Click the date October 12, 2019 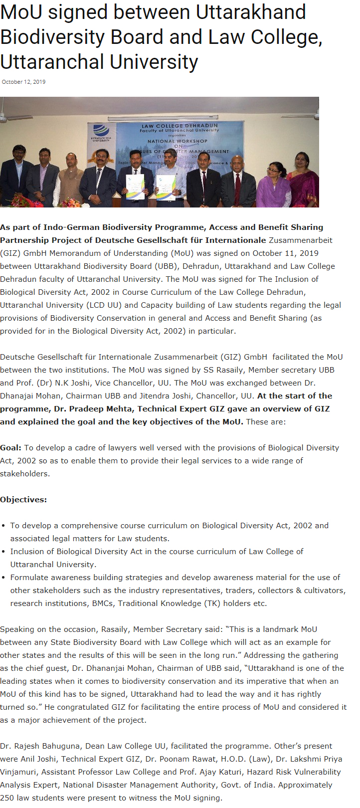pos(23,82)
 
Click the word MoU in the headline pos(20,12)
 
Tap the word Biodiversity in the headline pos(65,37)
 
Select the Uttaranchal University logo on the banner pos(100,132)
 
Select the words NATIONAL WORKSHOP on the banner pos(177,141)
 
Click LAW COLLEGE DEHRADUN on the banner pos(180,126)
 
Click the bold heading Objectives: pos(23,499)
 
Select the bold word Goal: pos(10,447)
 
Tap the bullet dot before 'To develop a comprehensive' pos(4,526)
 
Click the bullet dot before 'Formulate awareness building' pos(4,578)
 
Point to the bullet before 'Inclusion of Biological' pos(4,552)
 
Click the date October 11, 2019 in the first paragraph pos(285,253)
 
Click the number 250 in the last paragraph pos(7,798)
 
